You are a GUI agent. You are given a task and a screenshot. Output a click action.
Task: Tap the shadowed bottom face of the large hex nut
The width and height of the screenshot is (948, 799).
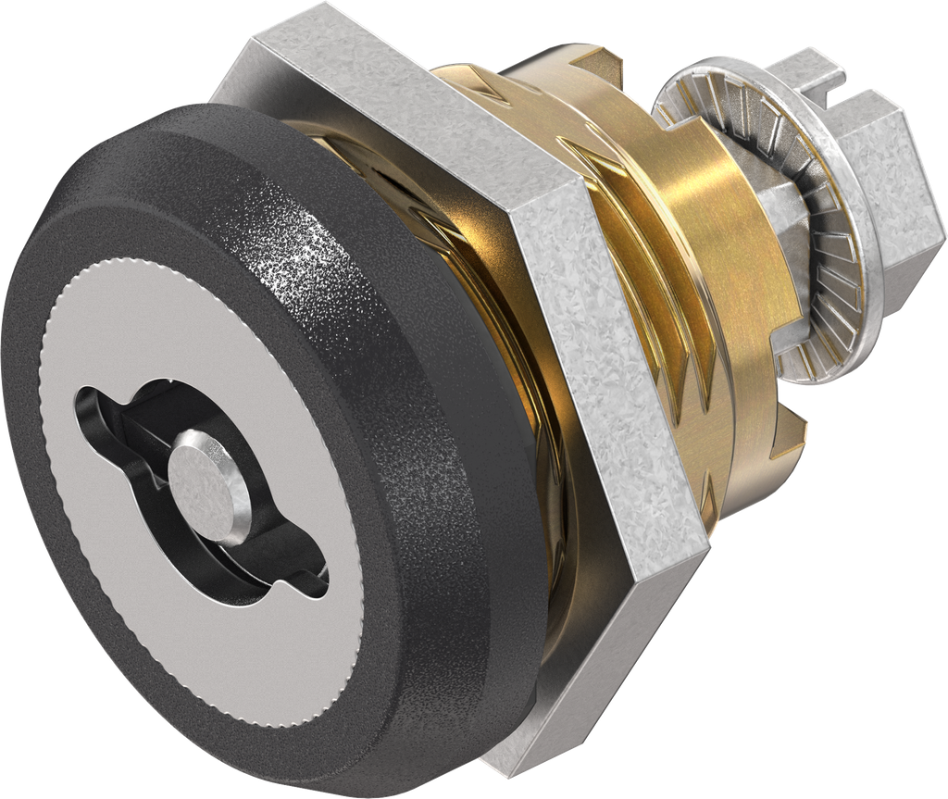click(592, 667)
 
